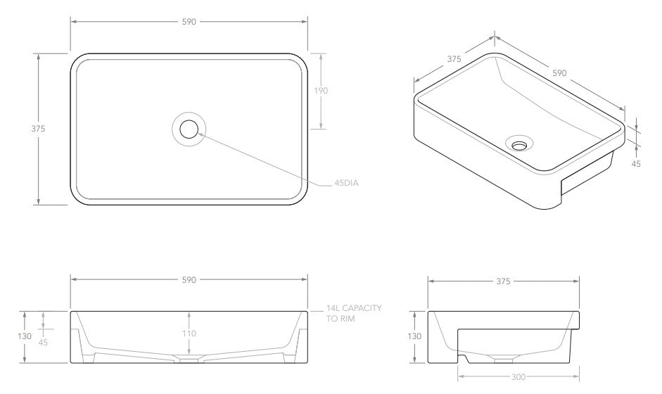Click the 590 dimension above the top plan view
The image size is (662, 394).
pos(189,22)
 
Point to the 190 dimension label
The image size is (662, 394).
pos(321,90)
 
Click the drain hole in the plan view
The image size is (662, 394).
pos(189,129)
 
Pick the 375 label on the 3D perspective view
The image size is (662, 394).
pos(454,59)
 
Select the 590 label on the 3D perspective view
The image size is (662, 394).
pos(559,72)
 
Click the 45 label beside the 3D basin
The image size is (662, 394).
pos(636,163)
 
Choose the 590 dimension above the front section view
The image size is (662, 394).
pos(189,279)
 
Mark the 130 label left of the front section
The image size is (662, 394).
pos(25,336)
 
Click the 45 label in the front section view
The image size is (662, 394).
pos(44,343)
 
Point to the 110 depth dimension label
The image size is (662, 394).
pos(189,333)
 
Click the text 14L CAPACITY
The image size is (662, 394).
pos(354,308)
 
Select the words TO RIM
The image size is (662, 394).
pos(341,319)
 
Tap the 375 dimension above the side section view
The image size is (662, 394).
pos(502,281)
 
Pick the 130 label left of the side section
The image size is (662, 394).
pos(414,336)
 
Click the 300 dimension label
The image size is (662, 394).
pos(518,377)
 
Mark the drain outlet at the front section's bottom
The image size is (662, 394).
pos(189,360)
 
